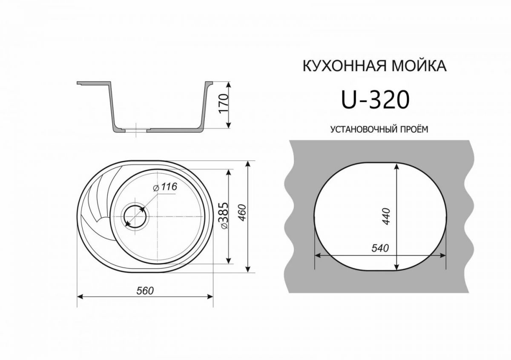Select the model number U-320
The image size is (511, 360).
[375, 100]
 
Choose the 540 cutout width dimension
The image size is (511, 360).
[380, 249]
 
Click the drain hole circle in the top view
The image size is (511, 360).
[135, 216]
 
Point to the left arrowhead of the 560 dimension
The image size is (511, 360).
[80, 297]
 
